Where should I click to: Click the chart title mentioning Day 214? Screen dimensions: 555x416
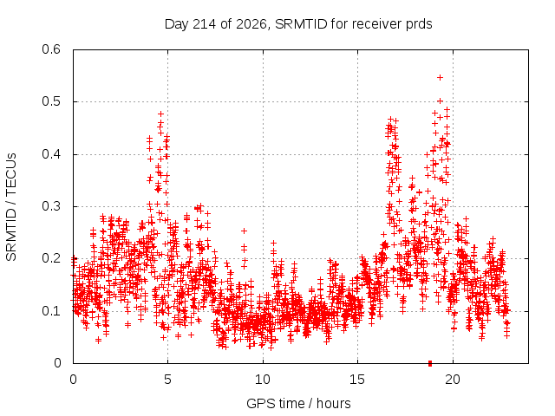pos(298,24)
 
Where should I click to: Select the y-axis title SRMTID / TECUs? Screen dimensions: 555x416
pos(11,207)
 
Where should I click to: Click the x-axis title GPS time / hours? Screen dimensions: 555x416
pos(298,403)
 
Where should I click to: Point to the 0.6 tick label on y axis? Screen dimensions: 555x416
pos(51,49)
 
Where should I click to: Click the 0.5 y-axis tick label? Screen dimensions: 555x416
pos(51,101)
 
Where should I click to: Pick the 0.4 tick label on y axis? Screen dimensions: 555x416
pos(51,154)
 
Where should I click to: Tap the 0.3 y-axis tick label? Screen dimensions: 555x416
pos(51,206)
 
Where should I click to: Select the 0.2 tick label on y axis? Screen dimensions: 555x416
pos(51,258)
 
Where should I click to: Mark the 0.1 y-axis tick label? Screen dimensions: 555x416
pos(51,311)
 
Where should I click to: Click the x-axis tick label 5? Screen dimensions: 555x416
pos(167,380)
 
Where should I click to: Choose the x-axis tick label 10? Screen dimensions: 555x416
pos(263,380)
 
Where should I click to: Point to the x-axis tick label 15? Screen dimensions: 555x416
pos(357,380)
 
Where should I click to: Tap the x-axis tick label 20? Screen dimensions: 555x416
pos(453,380)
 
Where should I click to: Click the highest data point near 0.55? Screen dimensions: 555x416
pos(440,77)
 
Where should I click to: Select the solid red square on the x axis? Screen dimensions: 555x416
pos(430,363)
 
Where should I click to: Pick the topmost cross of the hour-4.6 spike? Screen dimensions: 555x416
pos(160,114)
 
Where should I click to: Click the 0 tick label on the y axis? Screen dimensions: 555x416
pos(57,363)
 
